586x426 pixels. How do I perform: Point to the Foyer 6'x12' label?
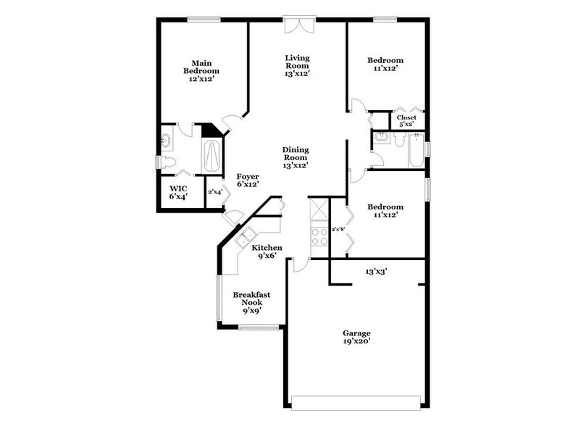(247, 180)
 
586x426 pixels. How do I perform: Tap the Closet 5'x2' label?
(406, 120)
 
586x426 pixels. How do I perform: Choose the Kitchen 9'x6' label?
(267, 251)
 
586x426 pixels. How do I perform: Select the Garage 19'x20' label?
(358, 338)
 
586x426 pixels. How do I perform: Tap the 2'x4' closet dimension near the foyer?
(214, 192)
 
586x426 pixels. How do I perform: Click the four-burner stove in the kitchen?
(318, 235)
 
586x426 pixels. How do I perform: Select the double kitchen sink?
(245, 236)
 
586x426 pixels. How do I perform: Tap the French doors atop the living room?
(298, 25)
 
